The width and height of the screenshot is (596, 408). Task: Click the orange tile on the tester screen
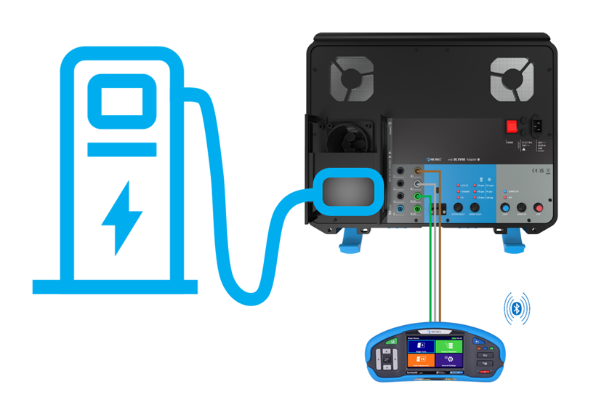click(x=421, y=359)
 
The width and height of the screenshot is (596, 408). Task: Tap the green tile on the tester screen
click(x=450, y=346)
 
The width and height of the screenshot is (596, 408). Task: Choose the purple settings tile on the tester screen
click(x=450, y=359)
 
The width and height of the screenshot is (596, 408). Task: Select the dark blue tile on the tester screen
click(x=421, y=346)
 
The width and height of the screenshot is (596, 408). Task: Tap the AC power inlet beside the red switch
click(x=542, y=126)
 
